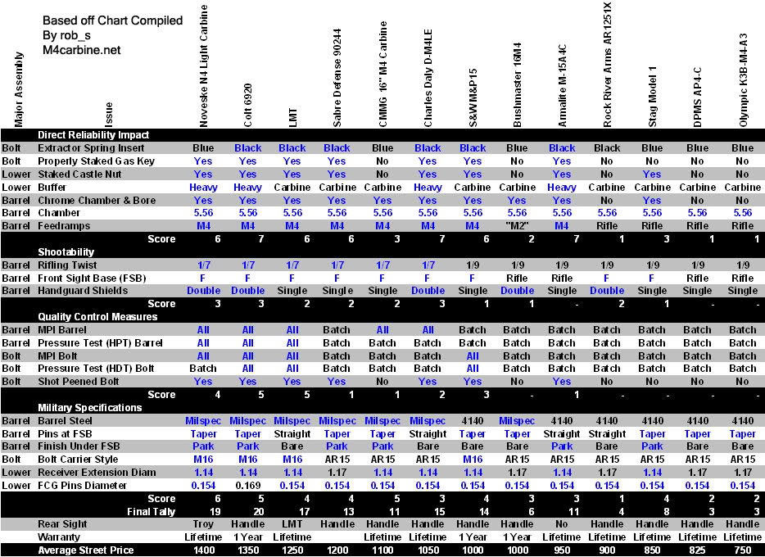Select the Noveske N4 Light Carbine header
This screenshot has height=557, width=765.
pos(203,66)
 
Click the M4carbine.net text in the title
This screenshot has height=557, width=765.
pos(81,50)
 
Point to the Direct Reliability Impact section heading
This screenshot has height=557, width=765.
pos(93,135)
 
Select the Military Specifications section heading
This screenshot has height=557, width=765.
pos(90,408)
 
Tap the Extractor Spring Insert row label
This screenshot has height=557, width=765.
pos(91,148)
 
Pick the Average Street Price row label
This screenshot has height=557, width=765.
pos(86,550)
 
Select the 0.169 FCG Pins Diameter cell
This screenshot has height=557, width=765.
pos(247,486)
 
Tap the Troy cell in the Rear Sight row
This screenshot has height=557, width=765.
pos(203,524)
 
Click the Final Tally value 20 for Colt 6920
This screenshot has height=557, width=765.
pos(247,511)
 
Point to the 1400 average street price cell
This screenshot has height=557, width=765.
pos(203,550)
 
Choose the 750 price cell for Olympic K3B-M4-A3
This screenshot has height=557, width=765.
pos(743,550)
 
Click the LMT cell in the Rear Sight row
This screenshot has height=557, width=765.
pos(292,524)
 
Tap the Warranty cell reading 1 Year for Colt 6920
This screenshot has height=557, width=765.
pos(247,537)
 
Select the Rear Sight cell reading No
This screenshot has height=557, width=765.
pos(562,524)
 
